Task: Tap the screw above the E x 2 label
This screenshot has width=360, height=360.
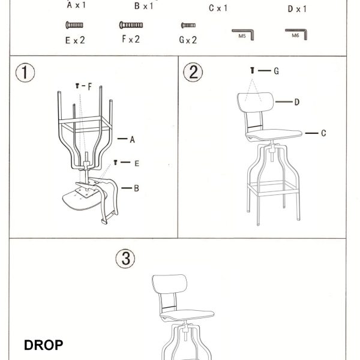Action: point(74,25)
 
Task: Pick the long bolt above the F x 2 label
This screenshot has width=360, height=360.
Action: point(131,25)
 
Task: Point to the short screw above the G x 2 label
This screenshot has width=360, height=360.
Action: point(188,25)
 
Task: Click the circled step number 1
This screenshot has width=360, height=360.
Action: point(25,73)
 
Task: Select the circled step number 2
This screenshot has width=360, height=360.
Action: point(193,72)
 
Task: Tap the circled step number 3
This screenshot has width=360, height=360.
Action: point(125,259)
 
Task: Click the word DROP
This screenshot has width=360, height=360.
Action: point(43,345)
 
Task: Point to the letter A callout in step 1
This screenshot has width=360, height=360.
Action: point(132,139)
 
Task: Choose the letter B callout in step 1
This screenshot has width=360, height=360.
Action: point(136,188)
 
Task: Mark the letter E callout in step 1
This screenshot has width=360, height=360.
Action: point(137,163)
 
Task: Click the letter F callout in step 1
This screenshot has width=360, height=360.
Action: point(89,86)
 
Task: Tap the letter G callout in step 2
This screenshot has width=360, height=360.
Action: point(277,71)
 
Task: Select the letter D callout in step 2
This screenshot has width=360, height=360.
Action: point(297,102)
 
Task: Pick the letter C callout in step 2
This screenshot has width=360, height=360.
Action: point(323,133)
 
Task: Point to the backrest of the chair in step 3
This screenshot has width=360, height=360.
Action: point(169,284)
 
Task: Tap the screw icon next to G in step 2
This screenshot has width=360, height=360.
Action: point(253,70)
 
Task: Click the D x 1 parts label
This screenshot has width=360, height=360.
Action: point(297,9)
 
